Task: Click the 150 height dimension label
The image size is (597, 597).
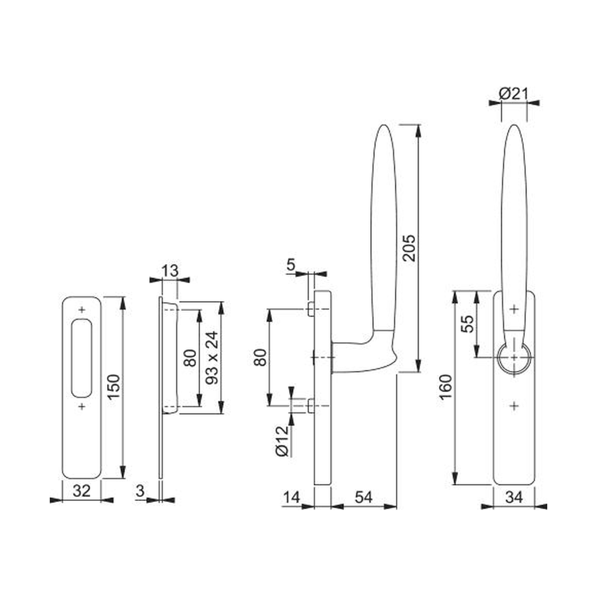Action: pos(114,387)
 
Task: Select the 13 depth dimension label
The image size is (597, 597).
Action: pos(170,271)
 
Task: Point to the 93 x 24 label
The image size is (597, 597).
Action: pos(212,358)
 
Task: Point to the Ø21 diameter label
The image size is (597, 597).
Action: pos(513,94)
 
